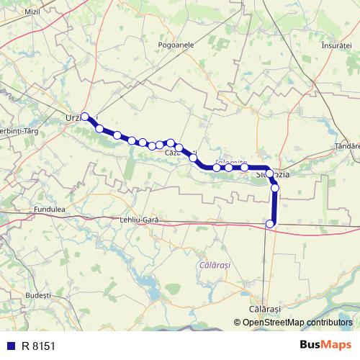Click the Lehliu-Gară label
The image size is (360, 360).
[140, 219]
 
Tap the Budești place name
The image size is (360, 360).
[36, 295]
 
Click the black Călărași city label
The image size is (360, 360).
[264, 308]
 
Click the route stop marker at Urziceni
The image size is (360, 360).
[85, 117]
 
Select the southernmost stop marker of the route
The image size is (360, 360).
[271, 224]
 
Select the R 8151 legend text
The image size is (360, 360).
[38, 345]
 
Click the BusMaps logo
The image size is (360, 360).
[325, 344]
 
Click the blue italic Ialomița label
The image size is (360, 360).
[231, 163]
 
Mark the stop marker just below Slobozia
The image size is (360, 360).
[274, 188]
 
